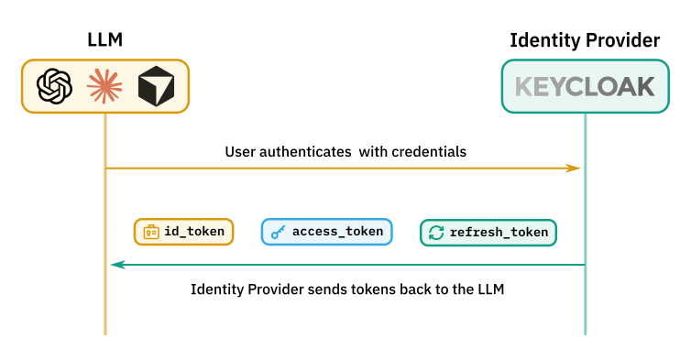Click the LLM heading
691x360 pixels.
point(104,40)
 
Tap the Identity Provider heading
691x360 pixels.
point(585,40)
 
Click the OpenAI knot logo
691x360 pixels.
point(55,86)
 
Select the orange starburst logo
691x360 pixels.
point(104,86)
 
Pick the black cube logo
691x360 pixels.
point(156,86)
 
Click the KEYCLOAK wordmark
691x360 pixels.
point(585,86)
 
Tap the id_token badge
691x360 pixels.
point(184,232)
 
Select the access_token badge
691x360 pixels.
point(326,232)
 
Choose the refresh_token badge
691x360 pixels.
point(488,233)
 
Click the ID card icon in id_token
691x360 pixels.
point(151,232)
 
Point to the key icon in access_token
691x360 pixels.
point(278,232)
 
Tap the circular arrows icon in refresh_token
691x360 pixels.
point(436,233)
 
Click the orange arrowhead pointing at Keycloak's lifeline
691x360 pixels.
point(573,169)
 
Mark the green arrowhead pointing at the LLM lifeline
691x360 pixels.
point(118,265)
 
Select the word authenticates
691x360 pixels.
point(305,152)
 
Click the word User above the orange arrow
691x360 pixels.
point(241,151)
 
